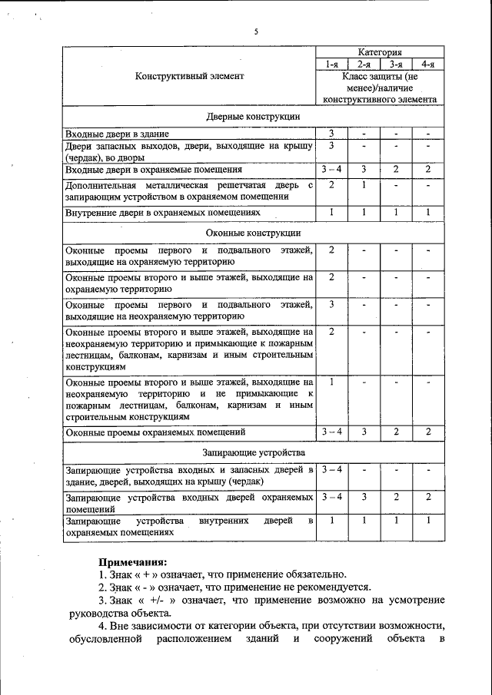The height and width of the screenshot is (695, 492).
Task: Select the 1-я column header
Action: click(331, 65)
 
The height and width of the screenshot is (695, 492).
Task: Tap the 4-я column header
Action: click(427, 65)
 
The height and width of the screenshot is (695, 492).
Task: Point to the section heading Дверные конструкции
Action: click(253, 117)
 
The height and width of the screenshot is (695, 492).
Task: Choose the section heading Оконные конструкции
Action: click(253, 232)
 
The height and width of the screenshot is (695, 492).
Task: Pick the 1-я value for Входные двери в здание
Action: click(331, 134)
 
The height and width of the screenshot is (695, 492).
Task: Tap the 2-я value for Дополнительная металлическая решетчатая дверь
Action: click(364, 185)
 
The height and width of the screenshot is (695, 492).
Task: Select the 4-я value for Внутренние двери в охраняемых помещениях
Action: click(427, 211)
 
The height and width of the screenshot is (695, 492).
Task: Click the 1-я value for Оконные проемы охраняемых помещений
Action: click(331, 432)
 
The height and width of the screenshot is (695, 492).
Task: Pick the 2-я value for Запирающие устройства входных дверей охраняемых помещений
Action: click(364, 497)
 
